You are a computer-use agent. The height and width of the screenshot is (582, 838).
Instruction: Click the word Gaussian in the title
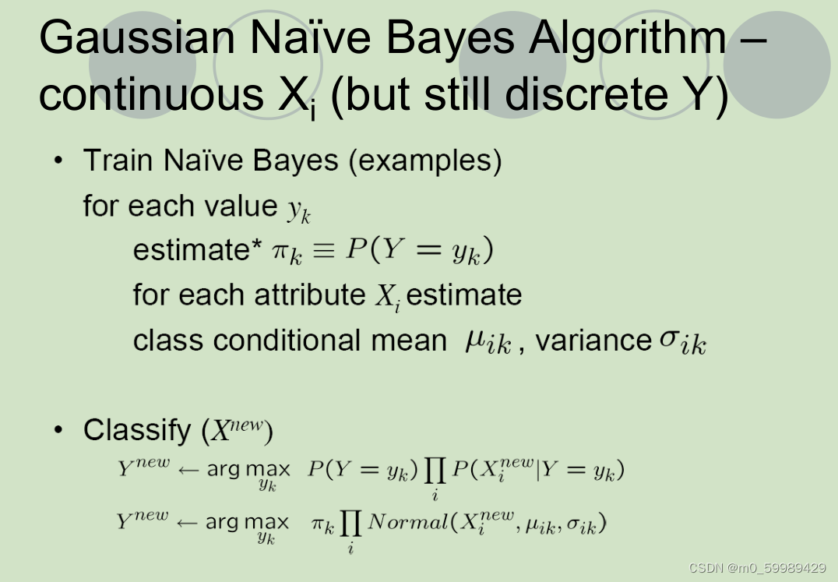[x=137, y=39]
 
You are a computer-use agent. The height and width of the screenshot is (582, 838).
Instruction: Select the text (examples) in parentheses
[x=424, y=161]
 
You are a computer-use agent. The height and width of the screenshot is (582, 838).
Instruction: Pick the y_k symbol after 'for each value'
[x=298, y=209]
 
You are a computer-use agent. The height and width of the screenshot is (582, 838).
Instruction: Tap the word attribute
[x=312, y=295]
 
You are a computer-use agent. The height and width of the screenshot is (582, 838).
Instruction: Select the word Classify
[x=137, y=430]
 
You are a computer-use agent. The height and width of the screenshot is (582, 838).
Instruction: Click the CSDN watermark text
[x=757, y=568]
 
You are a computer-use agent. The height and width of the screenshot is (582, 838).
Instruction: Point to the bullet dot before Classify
[x=59, y=430]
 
